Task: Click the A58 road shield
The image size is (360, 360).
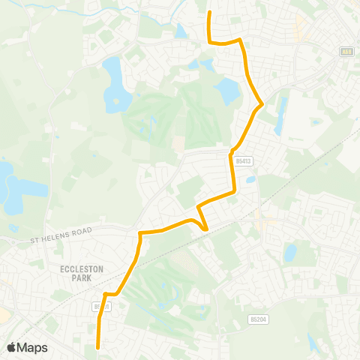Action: (346, 52)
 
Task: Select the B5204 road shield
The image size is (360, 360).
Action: (256, 319)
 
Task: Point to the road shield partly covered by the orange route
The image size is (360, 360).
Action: (102, 306)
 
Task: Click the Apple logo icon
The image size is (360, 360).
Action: (12, 347)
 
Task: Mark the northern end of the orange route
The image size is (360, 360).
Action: (208, 13)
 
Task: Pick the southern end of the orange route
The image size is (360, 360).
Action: (99, 346)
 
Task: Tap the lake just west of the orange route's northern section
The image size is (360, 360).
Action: (226, 91)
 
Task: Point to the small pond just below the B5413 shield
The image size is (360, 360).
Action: (250, 180)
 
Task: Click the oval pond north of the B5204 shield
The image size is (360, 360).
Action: (289, 253)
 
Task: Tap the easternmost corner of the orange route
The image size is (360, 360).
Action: (262, 103)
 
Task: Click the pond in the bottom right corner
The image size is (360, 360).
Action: (313, 341)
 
